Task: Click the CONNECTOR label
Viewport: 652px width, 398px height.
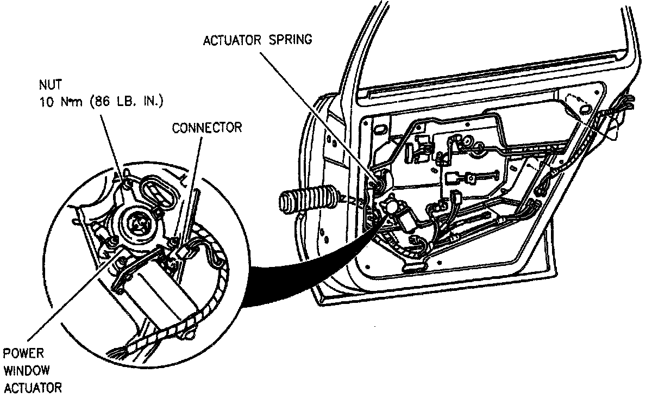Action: [x=206, y=129]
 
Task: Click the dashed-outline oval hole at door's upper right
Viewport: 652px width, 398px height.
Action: [x=581, y=103]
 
